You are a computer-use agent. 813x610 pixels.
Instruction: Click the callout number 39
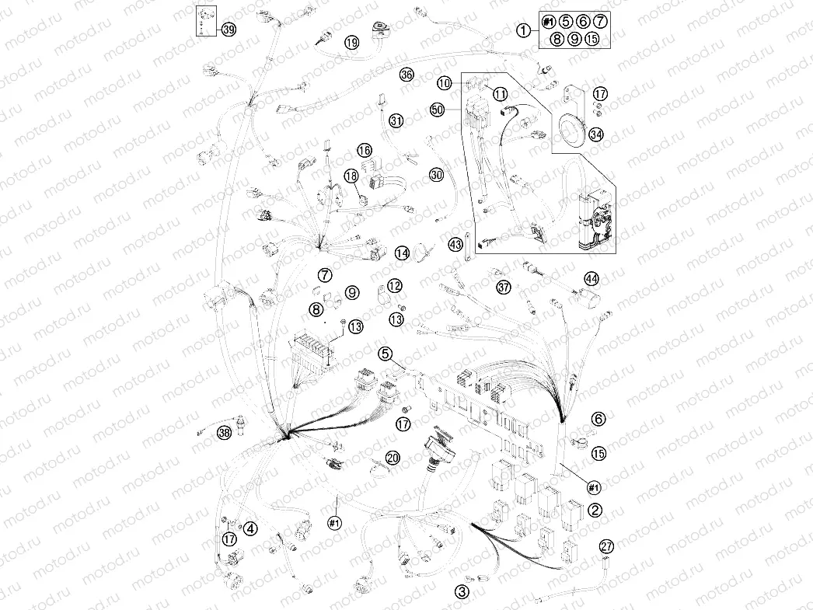[x=228, y=30]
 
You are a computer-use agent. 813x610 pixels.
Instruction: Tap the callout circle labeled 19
[x=352, y=43]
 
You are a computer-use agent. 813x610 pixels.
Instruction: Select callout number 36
[x=406, y=75]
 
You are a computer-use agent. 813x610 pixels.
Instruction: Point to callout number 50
[x=438, y=110]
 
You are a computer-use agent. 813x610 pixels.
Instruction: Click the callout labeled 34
[x=596, y=134]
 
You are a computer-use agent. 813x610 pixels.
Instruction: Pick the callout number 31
[x=397, y=121]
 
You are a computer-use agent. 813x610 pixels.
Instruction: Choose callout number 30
[x=436, y=176]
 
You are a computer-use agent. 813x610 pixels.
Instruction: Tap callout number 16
[x=365, y=150]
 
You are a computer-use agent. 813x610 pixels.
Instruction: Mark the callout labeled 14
[x=401, y=253]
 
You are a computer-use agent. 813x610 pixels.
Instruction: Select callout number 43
[x=455, y=245]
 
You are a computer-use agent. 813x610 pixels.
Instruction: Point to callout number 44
[x=592, y=278]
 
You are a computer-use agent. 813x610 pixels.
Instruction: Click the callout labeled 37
[x=504, y=288]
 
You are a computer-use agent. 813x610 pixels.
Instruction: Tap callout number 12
[x=395, y=286]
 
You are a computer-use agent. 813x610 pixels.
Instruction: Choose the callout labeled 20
[x=393, y=458]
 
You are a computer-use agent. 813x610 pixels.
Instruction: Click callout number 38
[x=225, y=433]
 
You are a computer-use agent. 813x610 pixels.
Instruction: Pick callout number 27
[x=607, y=546]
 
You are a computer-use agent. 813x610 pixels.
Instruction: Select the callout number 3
[x=462, y=591]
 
